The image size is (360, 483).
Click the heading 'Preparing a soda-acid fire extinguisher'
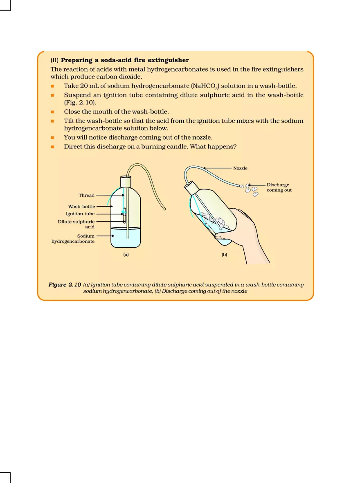125,60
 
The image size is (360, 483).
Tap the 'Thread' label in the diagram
86,195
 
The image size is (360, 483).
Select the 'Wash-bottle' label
81,207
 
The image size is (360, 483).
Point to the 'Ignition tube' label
80,214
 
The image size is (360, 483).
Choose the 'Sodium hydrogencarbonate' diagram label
73,239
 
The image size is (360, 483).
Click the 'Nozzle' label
240,168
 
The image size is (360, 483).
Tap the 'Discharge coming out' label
279,187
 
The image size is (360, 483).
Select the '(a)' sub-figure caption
126,255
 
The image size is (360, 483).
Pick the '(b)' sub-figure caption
224,255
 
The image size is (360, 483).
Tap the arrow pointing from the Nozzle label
217,168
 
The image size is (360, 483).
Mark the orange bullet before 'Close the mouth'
53,112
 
